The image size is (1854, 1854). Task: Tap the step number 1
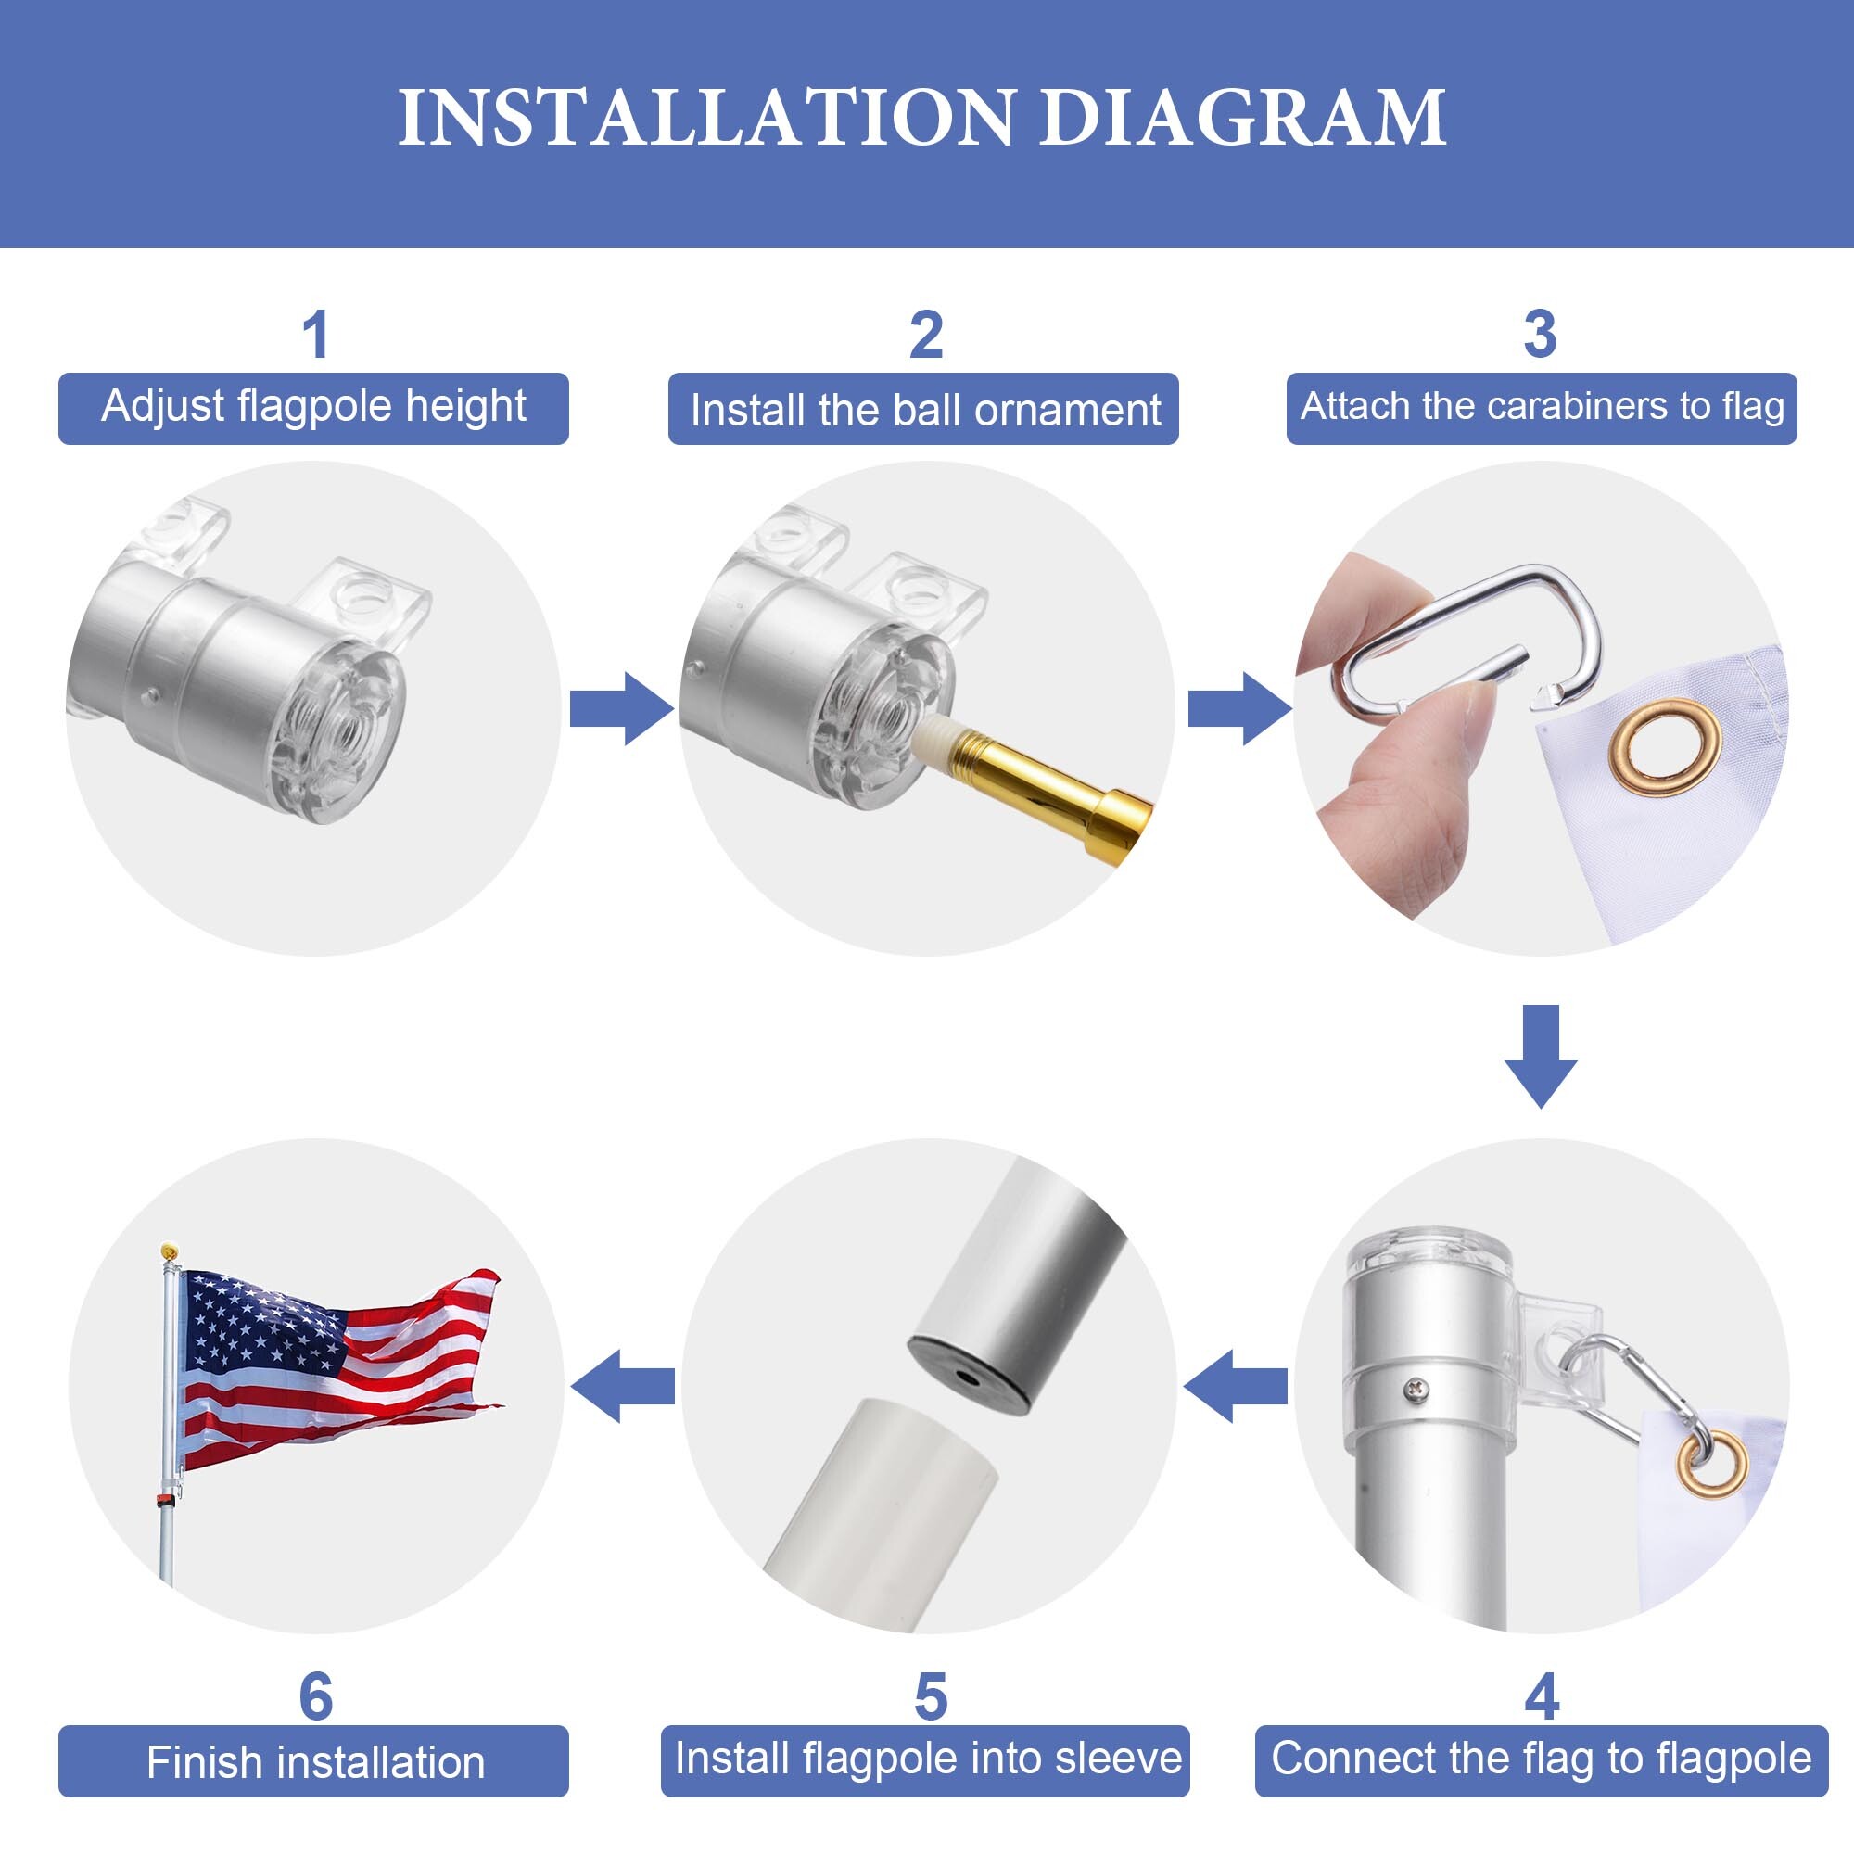(x=316, y=335)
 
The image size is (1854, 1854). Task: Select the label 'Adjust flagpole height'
(x=314, y=407)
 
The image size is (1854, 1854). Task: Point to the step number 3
(x=1540, y=335)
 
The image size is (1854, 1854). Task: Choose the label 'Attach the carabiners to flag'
(x=1542, y=407)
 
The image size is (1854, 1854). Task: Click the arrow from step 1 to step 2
(x=622, y=708)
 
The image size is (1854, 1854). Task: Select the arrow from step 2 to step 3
(x=1239, y=708)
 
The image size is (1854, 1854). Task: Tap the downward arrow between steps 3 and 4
(x=1540, y=1057)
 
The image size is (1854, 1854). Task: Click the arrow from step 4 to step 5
(x=1236, y=1386)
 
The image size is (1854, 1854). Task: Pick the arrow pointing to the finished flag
(x=622, y=1386)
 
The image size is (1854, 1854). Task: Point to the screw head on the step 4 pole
(x=1416, y=1388)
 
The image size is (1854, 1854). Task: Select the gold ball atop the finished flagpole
(x=169, y=1251)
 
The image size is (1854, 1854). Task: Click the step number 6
(x=316, y=1697)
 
